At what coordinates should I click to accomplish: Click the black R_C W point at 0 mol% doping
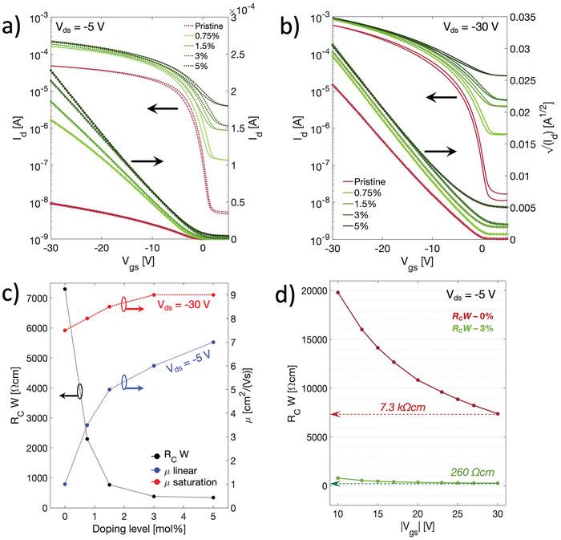(64, 289)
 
